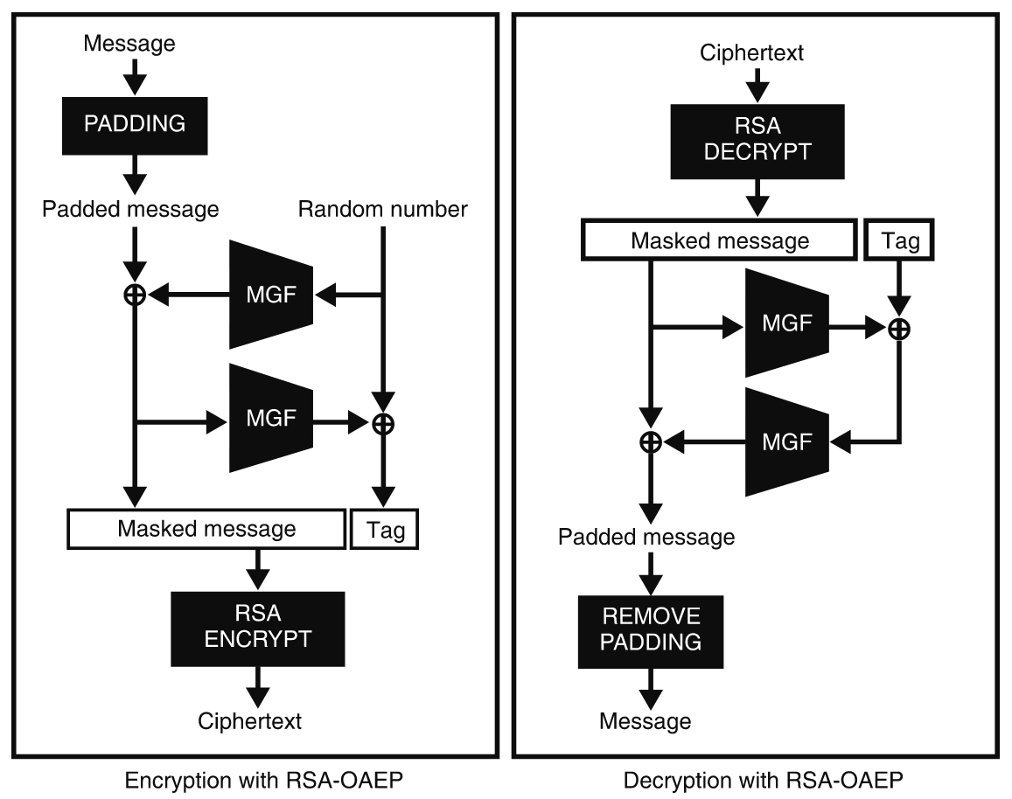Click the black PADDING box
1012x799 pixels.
click(x=135, y=123)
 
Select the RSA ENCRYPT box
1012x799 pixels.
click(x=257, y=627)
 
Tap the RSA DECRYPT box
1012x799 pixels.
click(x=758, y=140)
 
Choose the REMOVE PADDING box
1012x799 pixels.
click(x=650, y=630)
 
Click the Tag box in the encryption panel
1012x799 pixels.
click(x=385, y=530)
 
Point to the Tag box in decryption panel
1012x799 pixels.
click(x=899, y=240)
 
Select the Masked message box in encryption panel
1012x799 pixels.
click(x=206, y=529)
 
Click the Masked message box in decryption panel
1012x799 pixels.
click(x=719, y=240)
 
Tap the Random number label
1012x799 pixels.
click(x=382, y=210)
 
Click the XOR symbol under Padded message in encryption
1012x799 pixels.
click(x=134, y=295)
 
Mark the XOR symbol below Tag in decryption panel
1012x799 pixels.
click(x=899, y=328)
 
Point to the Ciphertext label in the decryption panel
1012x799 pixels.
click(x=751, y=53)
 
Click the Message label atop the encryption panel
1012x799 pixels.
click(x=129, y=42)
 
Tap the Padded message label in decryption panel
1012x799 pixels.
click(x=646, y=537)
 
